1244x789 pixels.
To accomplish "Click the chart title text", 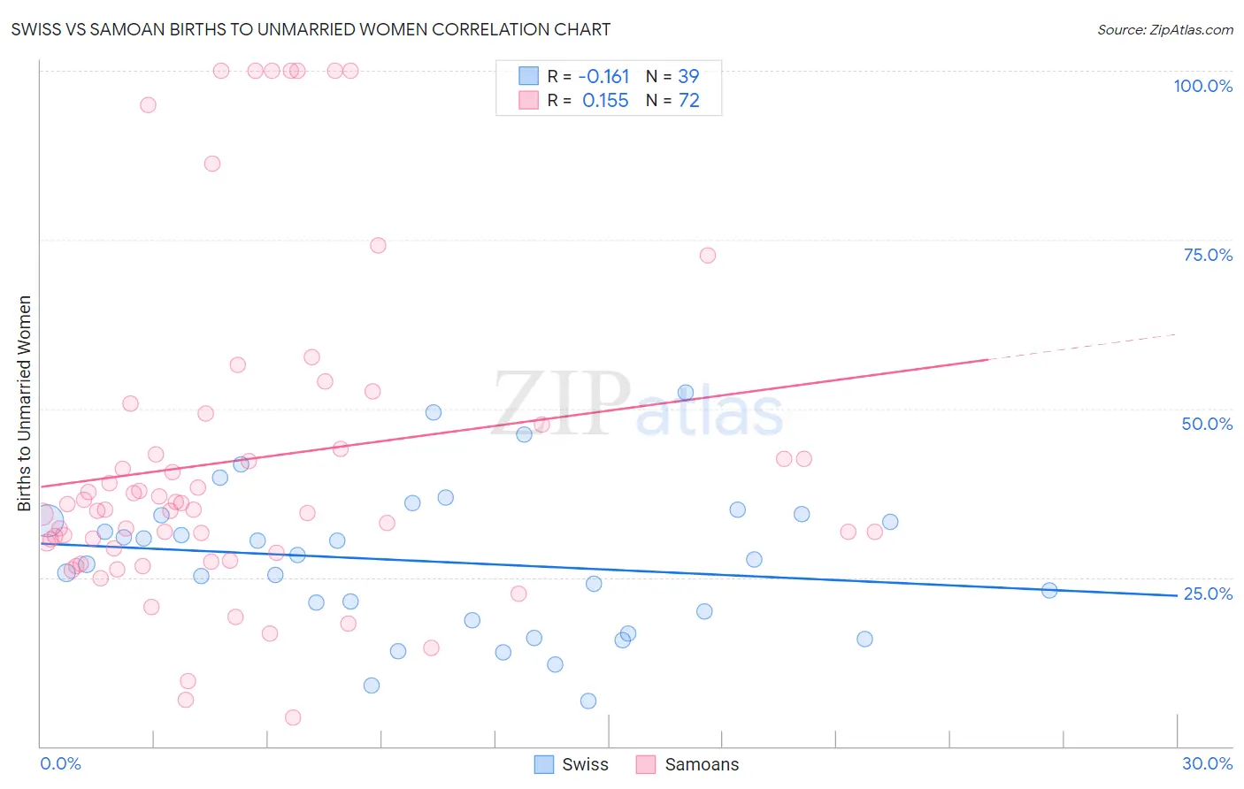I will tap(311, 29).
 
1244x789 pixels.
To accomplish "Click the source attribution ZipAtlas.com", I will tap(1164, 29).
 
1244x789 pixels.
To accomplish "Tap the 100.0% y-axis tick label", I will tap(1202, 86).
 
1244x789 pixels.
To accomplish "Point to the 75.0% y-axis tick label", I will tap(1208, 255).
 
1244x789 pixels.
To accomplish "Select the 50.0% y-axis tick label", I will tap(1207, 424).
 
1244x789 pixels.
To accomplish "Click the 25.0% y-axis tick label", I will tap(1208, 594).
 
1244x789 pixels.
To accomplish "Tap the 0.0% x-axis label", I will tap(60, 763).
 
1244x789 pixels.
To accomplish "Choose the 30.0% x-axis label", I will tap(1207, 763).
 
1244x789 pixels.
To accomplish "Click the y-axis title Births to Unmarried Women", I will tap(25, 403).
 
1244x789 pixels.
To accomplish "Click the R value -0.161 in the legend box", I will tap(605, 77).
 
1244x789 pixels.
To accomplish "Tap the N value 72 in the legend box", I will tap(688, 101).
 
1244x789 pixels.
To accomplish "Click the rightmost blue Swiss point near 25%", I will tap(1049, 590).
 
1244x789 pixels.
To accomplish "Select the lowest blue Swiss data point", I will tap(588, 701).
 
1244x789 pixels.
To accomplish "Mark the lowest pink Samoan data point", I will tap(293, 717).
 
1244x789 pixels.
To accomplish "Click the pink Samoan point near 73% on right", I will tap(707, 256).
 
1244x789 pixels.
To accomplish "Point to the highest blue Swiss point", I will tap(686, 393).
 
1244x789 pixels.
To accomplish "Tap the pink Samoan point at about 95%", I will tap(148, 105).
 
